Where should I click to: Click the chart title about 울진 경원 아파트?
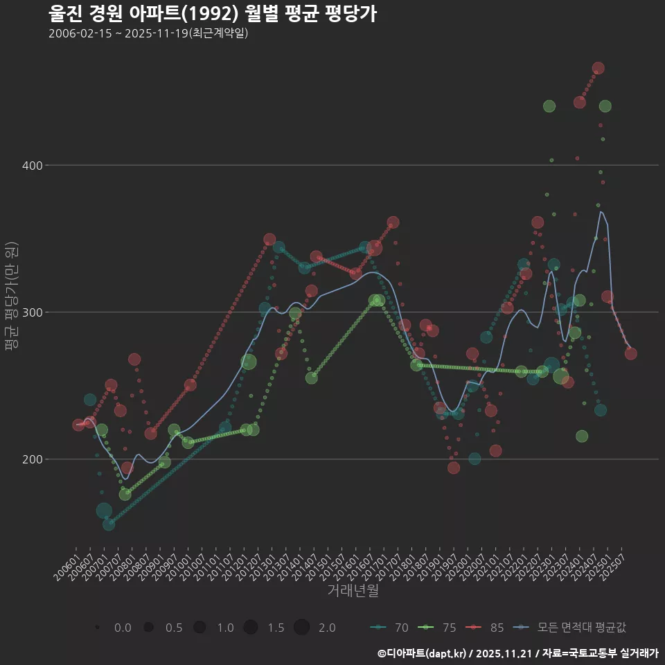213,14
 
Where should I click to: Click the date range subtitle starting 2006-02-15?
148,33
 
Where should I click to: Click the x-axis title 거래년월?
353,591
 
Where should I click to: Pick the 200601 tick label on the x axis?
67,565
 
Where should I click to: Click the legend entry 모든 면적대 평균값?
572,628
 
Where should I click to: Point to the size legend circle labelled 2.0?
301,628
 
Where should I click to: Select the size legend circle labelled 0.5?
148,628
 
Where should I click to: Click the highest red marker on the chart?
598,69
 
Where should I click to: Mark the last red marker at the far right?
630,354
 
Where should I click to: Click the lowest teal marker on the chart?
109,524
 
